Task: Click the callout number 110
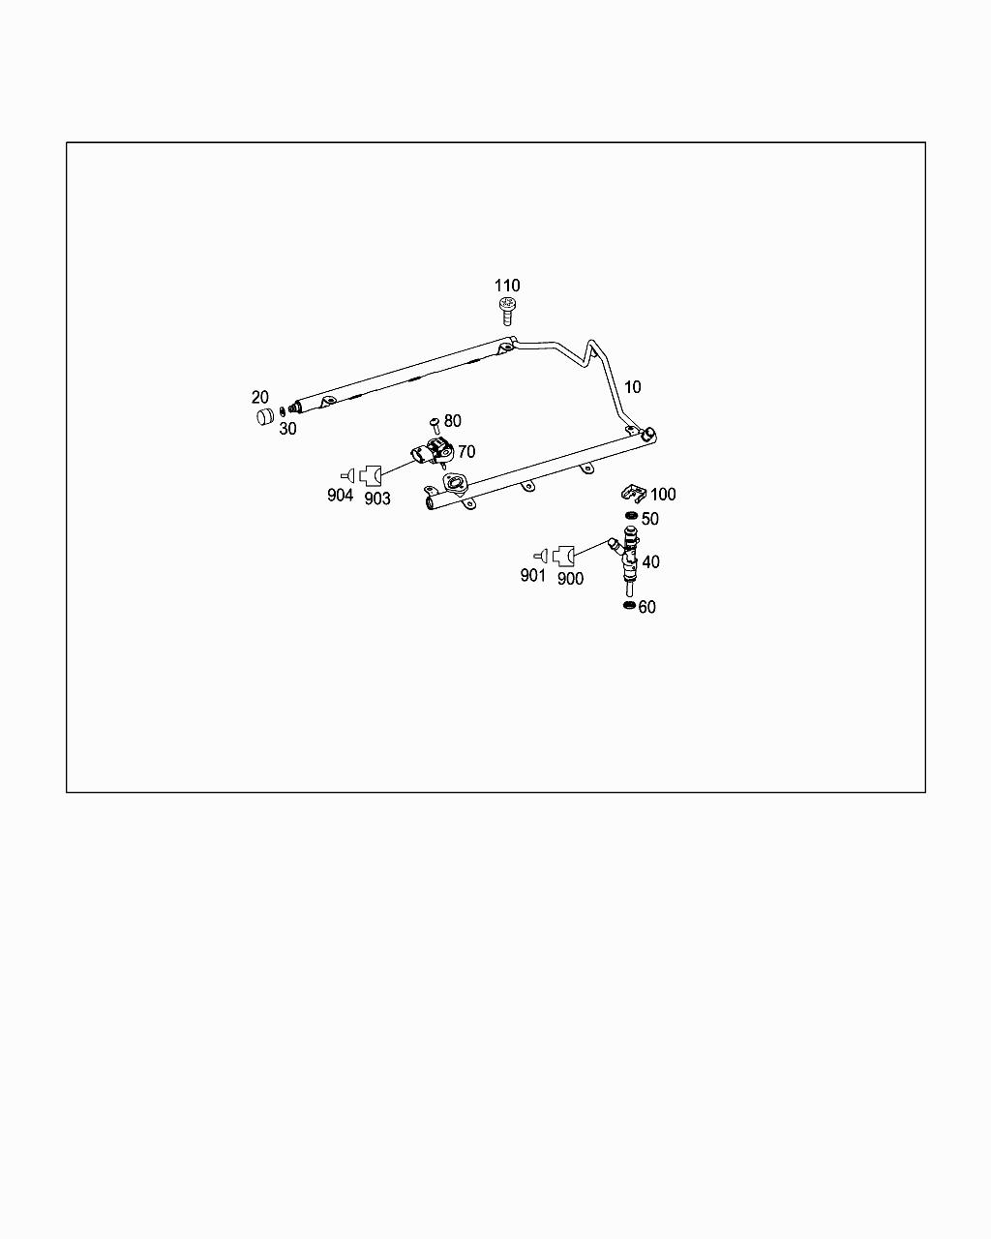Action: point(507,286)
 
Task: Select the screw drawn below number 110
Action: point(507,312)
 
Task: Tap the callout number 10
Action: point(632,387)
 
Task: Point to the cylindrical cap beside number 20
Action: point(263,417)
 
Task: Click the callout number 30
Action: point(287,429)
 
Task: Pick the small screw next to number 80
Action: point(435,423)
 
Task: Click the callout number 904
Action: point(340,496)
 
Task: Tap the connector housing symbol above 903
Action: point(372,475)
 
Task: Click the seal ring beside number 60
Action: point(629,606)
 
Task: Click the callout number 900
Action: point(571,579)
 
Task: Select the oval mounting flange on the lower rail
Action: point(454,482)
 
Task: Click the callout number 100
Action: point(663,495)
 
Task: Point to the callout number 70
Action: point(466,452)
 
